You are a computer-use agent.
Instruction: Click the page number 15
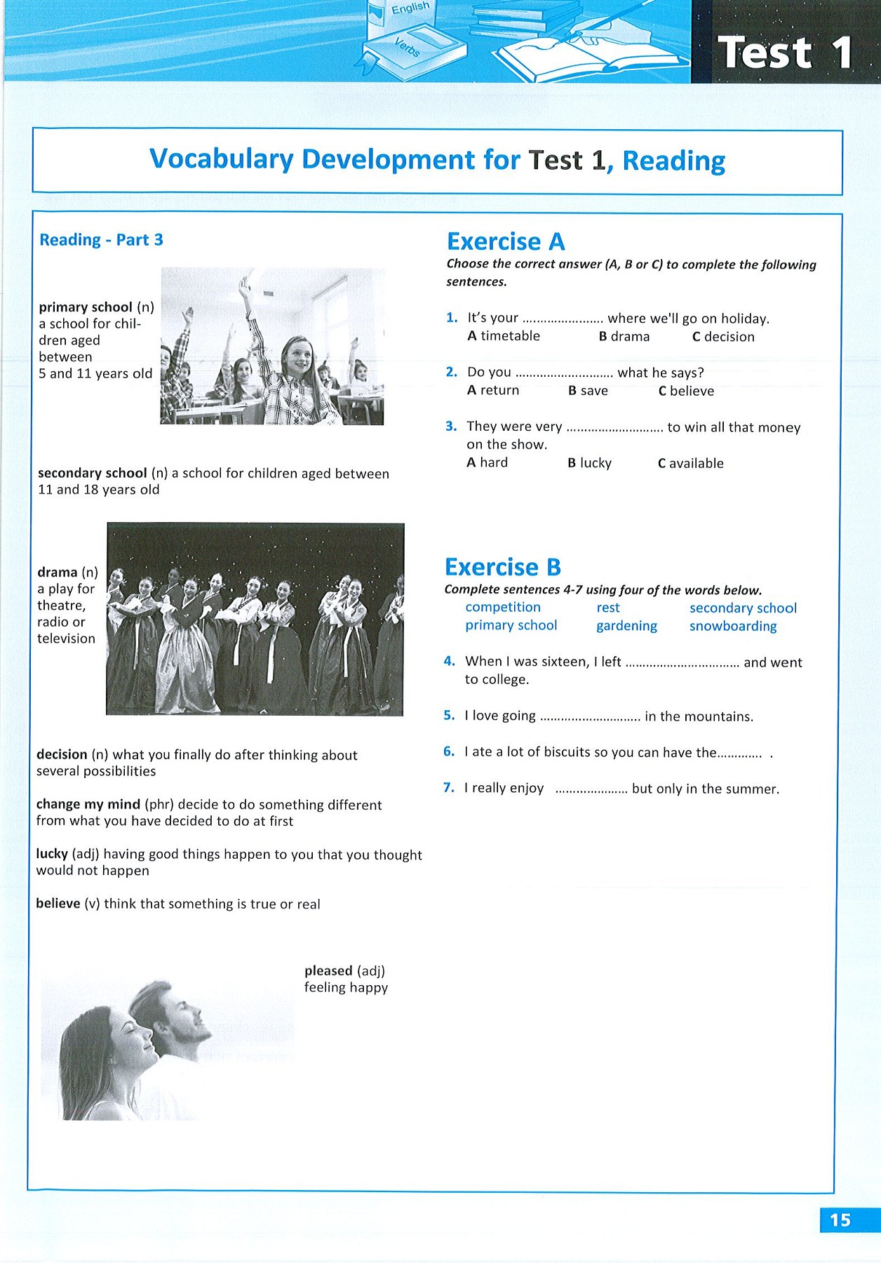point(840,1220)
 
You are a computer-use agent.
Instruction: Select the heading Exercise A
point(506,241)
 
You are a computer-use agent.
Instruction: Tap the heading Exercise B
point(503,567)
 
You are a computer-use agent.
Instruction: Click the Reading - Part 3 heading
point(101,240)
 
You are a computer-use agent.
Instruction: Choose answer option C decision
point(723,337)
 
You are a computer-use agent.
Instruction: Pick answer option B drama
point(624,337)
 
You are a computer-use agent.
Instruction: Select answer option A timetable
point(504,336)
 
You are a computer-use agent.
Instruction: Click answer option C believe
point(686,391)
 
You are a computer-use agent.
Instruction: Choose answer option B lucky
point(589,463)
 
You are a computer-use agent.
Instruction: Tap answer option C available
point(690,463)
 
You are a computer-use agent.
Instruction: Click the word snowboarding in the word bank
point(733,626)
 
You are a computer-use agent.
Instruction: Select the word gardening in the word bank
point(626,626)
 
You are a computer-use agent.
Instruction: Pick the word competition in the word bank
point(503,607)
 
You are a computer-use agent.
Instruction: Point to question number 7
point(449,788)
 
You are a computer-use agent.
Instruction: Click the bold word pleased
point(328,971)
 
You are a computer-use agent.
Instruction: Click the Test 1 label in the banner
point(785,53)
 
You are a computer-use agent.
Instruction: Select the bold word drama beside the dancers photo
point(58,573)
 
